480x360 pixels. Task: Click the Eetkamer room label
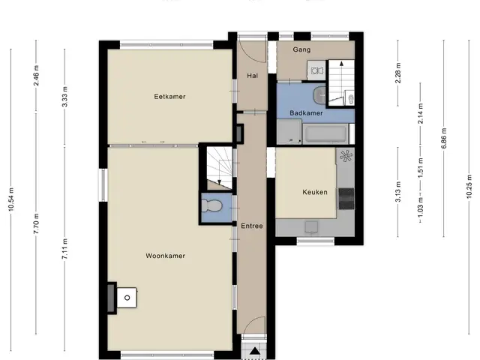pos(169,97)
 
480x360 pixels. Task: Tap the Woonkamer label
pos(165,256)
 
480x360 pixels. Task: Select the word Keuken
pos(315,192)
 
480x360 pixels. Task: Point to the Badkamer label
pos(306,113)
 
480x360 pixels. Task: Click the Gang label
pos(301,49)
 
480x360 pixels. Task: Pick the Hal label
pos(252,76)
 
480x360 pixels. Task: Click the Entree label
pos(252,226)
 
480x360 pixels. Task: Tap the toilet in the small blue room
pos(211,205)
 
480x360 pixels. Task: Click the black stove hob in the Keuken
pos(346,199)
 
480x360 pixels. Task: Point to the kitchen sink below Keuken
pos(311,227)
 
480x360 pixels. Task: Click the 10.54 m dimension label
pos(11,199)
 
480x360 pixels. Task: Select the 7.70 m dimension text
pos(36,223)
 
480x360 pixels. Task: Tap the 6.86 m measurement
pos(444,138)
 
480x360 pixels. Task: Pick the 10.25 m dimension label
pos(469,187)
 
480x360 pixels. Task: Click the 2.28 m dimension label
pos(398,73)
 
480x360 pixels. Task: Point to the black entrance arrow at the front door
pos(254,351)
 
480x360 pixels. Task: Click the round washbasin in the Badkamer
pos(319,95)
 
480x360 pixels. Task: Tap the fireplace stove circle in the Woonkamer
pos(127,298)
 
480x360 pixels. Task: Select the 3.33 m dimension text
pos(64,97)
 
